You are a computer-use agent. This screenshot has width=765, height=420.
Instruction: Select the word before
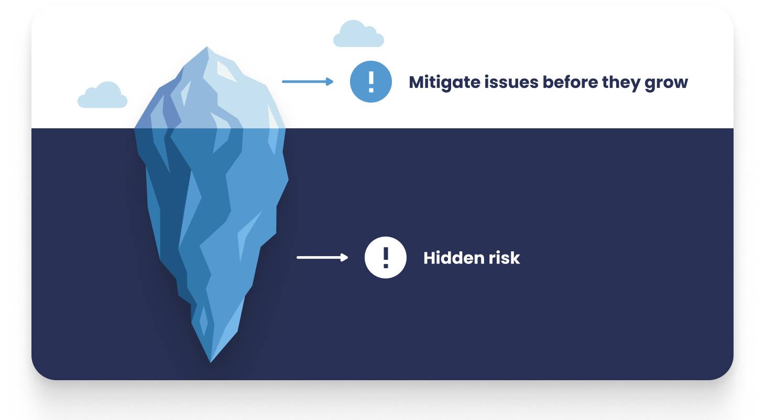[570, 82]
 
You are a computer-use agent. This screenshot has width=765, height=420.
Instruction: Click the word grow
[666, 84]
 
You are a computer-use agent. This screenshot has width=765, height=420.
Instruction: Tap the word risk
[504, 258]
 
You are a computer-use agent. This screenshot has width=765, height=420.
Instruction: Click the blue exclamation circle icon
[370, 82]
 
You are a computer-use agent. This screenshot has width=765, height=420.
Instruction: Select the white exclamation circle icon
[385, 258]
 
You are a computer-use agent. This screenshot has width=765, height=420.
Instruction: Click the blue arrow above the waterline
[308, 82]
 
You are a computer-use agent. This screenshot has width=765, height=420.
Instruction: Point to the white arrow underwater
[322, 258]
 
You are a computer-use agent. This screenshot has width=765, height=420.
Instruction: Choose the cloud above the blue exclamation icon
[358, 34]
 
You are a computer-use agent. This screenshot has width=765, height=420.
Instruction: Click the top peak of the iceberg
[207, 47]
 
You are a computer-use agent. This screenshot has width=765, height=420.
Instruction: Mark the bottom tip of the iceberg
[211, 362]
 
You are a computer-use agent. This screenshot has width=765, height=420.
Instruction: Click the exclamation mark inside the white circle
[386, 258]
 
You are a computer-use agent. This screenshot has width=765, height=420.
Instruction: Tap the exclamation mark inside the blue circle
[371, 82]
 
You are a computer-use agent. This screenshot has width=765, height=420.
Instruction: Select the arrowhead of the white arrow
[344, 258]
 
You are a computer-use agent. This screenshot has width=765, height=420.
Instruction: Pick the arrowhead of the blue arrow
[330, 82]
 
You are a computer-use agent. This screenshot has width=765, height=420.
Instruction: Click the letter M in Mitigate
[417, 83]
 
